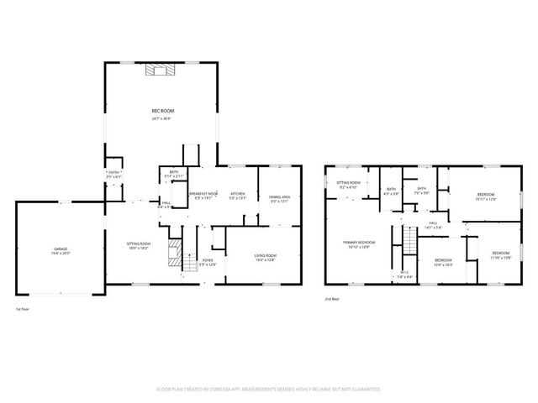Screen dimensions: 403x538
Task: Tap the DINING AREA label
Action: pyautogui.click(x=279, y=198)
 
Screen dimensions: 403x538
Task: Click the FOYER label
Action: pyautogui.click(x=208, y=262)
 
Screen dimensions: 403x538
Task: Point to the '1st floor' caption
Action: pyautogui.click(x=24, y=309)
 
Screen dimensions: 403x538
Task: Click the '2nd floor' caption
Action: pyautogui.click(x=332, y=298)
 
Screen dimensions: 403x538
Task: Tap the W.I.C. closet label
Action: pyautogui.click(x=404, y=274)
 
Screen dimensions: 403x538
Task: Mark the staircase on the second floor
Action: pyautogui.click(x=409, y=243)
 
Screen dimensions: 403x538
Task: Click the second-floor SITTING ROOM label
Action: pyautogui.click(x=348, y=185)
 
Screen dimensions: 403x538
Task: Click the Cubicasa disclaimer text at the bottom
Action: pyautogui.click(x=269, y=390)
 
